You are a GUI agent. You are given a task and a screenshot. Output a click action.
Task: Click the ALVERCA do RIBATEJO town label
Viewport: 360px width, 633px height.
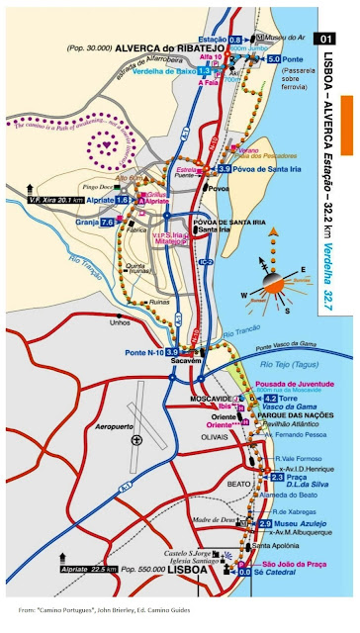click(143, 46)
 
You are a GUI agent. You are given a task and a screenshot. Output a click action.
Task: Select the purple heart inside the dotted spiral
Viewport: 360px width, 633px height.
click(103, 144)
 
